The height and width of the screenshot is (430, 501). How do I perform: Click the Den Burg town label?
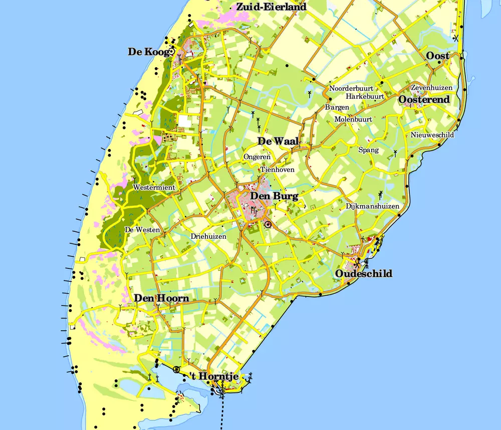(274, 196)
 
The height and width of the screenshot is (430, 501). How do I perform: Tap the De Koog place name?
(148, 52)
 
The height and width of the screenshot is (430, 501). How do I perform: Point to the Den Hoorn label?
(161, 299)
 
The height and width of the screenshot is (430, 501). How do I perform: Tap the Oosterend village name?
(424, 100)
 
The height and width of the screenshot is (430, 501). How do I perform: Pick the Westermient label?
(154, 188)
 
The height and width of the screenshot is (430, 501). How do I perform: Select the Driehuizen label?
(208, 236)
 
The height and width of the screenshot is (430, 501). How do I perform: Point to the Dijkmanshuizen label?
(372, 206)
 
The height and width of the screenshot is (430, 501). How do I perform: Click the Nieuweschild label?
(432, 135)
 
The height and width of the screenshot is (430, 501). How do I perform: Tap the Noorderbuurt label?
(351, 89)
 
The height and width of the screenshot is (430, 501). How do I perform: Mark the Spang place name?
(368, 150)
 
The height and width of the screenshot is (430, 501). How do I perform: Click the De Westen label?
(142, 230)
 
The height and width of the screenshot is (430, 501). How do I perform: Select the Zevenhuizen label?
(431, 88)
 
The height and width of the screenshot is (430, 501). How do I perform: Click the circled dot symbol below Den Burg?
(268, 224)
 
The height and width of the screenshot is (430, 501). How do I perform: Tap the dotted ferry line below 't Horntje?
(221, 411)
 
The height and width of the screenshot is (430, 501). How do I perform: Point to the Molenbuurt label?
(353, 119)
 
